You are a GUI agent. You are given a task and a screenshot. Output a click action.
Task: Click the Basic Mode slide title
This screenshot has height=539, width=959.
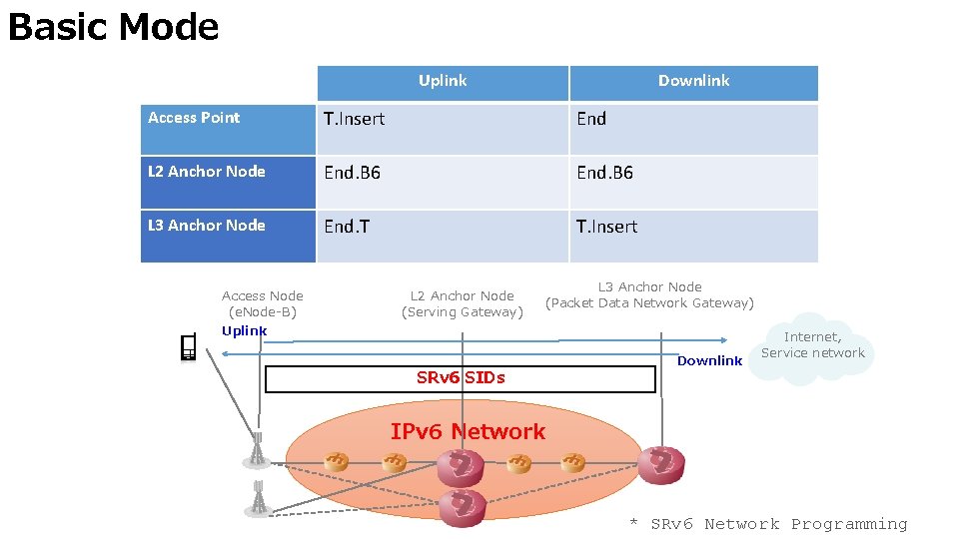[114, 28]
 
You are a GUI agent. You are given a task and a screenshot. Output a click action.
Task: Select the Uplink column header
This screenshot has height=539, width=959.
[443, 81]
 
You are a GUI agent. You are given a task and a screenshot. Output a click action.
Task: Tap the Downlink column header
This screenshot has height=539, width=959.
[693, 81]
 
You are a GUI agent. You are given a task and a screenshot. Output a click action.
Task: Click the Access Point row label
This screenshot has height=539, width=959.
[194, 118]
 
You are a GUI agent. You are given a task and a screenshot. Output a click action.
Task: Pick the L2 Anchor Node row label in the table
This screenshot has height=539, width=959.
[207, 171]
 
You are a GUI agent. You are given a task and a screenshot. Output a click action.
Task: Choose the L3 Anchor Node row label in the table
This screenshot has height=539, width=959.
[207, 225]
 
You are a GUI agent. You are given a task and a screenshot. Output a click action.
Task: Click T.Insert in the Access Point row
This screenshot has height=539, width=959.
[354, 119]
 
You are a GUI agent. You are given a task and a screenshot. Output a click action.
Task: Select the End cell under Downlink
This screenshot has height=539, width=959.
[591, 119]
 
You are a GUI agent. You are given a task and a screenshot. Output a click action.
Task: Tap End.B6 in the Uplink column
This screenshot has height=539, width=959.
[353, 173]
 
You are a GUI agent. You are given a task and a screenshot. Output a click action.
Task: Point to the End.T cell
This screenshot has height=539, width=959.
[347, 227]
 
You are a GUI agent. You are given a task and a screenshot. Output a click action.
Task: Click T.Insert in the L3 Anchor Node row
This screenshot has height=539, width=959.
[606, 227]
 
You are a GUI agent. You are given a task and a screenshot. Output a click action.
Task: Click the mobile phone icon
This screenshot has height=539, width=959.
[189, 347]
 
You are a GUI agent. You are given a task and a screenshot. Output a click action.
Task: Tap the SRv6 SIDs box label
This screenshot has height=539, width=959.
[461, 377]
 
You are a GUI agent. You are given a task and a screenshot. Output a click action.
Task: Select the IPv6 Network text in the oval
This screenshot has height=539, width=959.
[468, 431]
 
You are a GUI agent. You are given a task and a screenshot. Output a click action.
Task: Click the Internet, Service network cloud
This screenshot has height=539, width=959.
[812, 348]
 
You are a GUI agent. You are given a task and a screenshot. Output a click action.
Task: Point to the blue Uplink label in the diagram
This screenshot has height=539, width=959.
[244, 330]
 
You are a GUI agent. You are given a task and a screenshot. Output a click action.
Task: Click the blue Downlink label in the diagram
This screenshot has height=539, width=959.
[709, 360]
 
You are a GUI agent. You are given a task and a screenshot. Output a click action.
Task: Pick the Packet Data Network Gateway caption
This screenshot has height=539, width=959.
[649, 303]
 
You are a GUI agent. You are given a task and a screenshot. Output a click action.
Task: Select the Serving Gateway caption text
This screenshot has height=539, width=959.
[463, 312]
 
